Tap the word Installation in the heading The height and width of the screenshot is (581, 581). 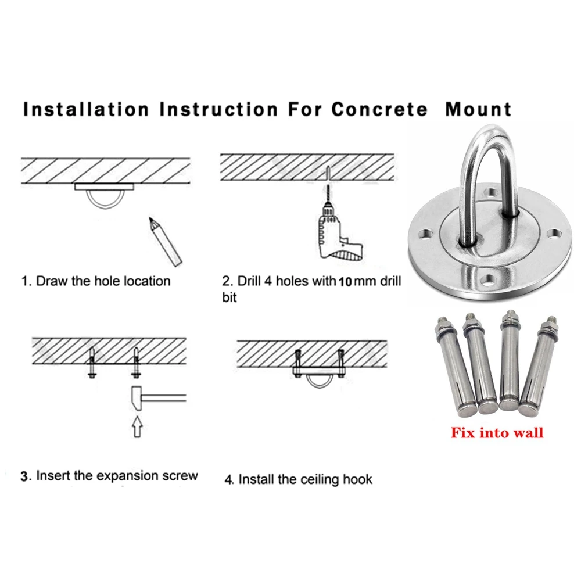point(86,109)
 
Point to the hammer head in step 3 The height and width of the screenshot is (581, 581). point(137,397)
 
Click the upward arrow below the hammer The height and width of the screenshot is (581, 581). point(137,429)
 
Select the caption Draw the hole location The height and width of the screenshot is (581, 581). point(96,281)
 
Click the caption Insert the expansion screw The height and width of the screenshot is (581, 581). point(110,476)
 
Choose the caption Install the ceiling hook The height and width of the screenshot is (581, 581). point(299,479)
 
